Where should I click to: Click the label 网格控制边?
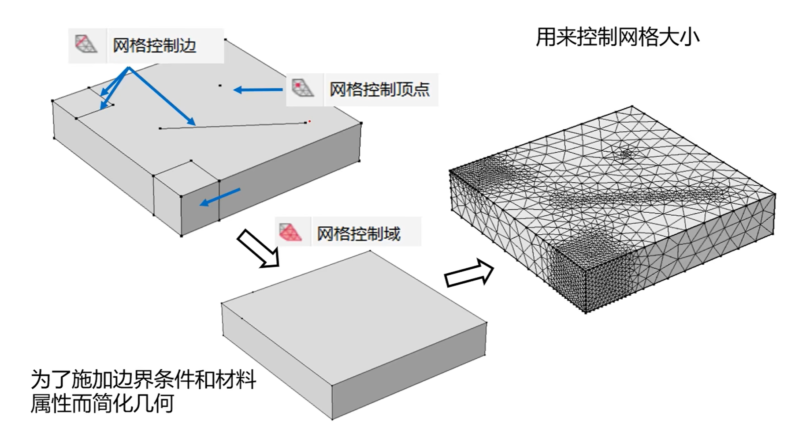(x=154, y=46)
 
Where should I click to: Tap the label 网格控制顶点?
(x=379, y=90)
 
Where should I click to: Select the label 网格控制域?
(x=358, y=233)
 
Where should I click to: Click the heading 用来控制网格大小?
(x=617, y=37)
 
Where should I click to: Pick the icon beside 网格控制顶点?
(x=303, y=89)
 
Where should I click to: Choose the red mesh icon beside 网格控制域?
(x=290, y=232)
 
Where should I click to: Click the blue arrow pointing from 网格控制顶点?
(x=258, y=90)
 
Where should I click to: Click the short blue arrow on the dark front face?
(x=220, y=197)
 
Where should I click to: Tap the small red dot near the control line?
(x=310, y=121)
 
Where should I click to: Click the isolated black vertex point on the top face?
(x=220, y=86)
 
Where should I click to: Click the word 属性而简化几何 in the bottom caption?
(x=102, y=402)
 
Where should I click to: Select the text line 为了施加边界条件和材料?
(x=143, y=379)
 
